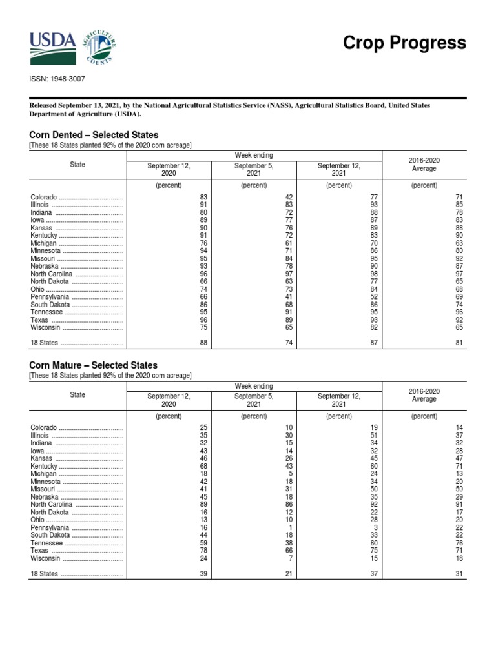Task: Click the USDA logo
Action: (52, 44)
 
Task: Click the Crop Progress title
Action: (404, 43)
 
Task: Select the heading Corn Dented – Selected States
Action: (94, 135)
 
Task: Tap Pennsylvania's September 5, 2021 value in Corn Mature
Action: (291, 527)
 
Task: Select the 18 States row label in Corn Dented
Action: (45, 343)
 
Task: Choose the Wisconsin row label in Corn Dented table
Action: (46, 327)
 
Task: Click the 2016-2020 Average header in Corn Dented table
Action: (424, 165)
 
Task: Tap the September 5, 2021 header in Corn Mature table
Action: (254, 400)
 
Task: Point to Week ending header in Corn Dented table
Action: (254, 155)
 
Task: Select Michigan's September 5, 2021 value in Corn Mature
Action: (291, 473)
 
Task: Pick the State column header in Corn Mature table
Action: (77, 394)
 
